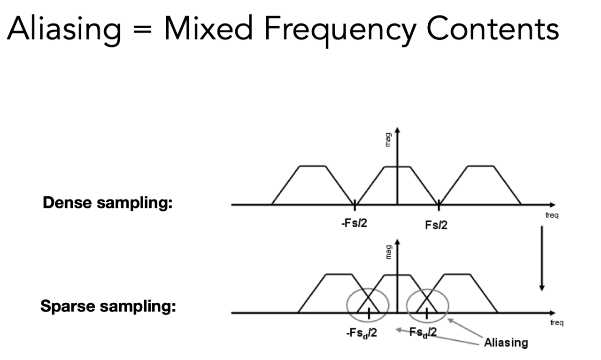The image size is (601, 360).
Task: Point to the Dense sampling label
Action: tap(108, 204)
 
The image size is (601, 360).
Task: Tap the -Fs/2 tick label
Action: tap(354, 222)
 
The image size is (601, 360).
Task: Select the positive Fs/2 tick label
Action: tap(436, 225)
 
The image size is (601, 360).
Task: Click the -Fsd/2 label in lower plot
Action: tap(361, 334)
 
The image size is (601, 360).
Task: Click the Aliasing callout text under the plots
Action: tap(505, 343)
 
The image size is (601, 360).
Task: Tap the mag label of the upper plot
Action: tap(387, 139)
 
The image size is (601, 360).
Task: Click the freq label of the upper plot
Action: tap(552, 215)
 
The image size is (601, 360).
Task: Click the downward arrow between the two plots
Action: tap(542, 258)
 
